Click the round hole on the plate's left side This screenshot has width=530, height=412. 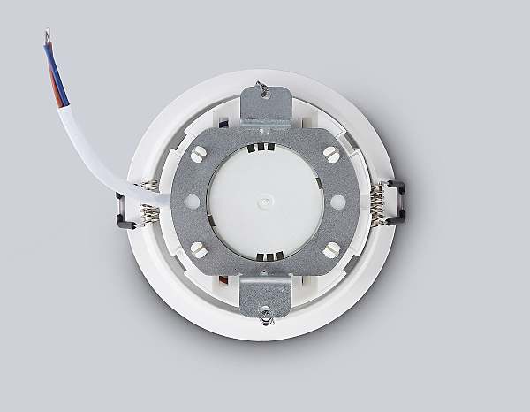[190, 201]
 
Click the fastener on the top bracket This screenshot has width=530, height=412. [261, 88]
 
